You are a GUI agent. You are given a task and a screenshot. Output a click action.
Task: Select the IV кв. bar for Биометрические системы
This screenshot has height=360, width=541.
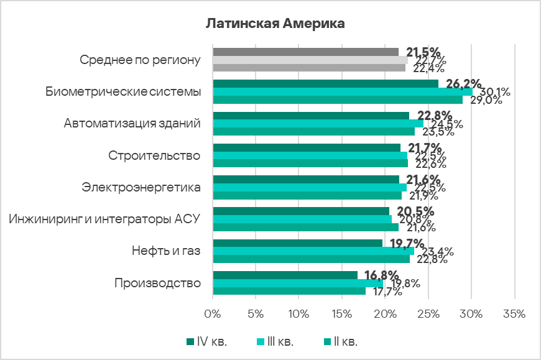[x=325, y=84]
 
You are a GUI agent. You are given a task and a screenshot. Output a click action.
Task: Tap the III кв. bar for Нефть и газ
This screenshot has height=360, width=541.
[x=313, y=251]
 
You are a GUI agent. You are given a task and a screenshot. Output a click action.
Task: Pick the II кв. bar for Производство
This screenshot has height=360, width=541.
[x=289, y=291]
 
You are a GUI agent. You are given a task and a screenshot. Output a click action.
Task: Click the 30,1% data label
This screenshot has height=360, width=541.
[x=495, y=92]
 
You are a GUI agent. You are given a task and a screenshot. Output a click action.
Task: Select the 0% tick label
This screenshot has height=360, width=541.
[x=213, y=314]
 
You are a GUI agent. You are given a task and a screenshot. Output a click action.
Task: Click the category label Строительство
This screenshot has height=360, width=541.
[x=154, y=155]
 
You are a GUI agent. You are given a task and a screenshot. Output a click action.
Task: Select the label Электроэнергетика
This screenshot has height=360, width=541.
[x=141, y=187]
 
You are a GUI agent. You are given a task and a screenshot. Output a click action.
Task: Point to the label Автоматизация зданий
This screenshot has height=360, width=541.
[x=132, y=123]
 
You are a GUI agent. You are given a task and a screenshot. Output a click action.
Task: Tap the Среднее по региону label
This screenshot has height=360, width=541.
[x=141, y=60]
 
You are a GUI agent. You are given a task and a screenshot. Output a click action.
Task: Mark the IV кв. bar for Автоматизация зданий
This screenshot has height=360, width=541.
[x=311, y=116]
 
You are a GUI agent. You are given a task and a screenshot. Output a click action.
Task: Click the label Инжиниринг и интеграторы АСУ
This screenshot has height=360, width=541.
[x=104, y=219]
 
